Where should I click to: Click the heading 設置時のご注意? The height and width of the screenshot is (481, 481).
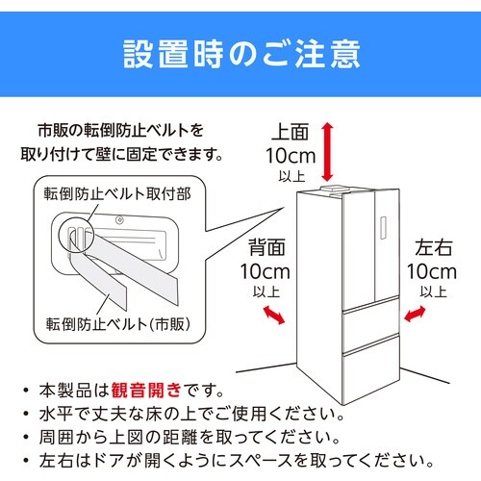(x=240, y=53)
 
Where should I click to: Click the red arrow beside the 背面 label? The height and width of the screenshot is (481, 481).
(x=274, y=315)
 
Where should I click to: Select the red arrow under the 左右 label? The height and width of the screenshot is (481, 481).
(x=418, y=314)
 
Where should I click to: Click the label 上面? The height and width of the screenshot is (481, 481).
(x=290, y=131)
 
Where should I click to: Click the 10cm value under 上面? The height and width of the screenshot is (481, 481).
(x=290, y=154)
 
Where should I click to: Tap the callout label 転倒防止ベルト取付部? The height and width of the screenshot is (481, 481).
(x=116, y=193)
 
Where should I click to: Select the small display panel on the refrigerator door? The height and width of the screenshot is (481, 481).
(x=382, y=231)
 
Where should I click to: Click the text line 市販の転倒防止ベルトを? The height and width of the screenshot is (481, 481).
(x=121, y=130)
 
